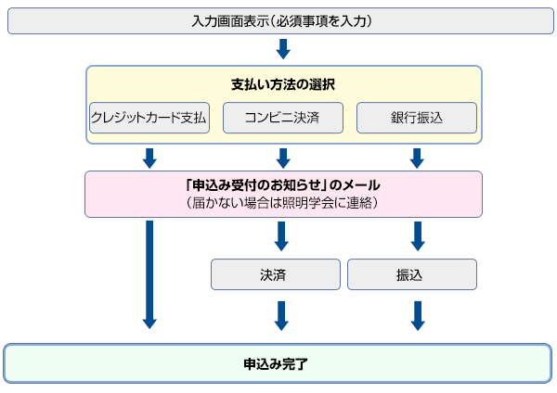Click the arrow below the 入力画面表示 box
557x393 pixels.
pyautogui.click(x=283, y=49)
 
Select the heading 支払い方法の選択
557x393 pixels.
pyautogui.click(x=282, y=83)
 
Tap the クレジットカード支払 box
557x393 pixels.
pyautogui.click(x=149, y=118)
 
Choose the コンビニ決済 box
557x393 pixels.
pyautogui.click(x=282, y=118)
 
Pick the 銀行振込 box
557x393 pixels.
pyautogui.click(x=417, y=118)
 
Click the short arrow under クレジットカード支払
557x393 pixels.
pyautogui.click(x=149, y=157)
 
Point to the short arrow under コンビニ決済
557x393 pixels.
pyautogui.click(x=282, y=157)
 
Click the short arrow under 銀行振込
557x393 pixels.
pyautogui.click(x=417, y=157)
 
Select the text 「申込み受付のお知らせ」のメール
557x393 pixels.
pyautogui.click(x=282, y=185)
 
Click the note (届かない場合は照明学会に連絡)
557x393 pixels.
pyautogui.click(x=282, y=202)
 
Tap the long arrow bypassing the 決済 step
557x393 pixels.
pyautogui.click(x=149, y=273)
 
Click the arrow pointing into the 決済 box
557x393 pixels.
pyautogui.click(x=282, y=235)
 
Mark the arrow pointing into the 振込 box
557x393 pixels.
pyautogui.click(x=417, y=235)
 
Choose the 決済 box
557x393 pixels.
pyautogui.click(x=275, y=274)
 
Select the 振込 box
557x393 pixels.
pyautogui.click(x=411, y=274)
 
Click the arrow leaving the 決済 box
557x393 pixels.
pyautogui.click(x=282, y=314)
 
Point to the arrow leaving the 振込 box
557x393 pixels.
pyautogui.click(x=417, y=314)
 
